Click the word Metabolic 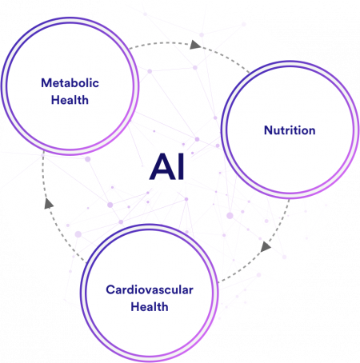pos(70,83)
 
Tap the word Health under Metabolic pos(70,100)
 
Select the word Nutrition pos(290,130)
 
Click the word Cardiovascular pos(150,289)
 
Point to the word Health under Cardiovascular pos(150,307)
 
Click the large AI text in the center pos(167,167)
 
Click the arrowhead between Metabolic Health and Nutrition pos(195,45)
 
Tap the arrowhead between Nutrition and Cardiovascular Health pos(266,246)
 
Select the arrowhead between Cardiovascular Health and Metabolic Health pos(49,203)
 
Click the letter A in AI pos(162,167)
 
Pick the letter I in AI pos(181,167)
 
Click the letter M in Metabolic pos(46,83)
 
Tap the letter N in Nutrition pos(268,130)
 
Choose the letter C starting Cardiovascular pos(110,289)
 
